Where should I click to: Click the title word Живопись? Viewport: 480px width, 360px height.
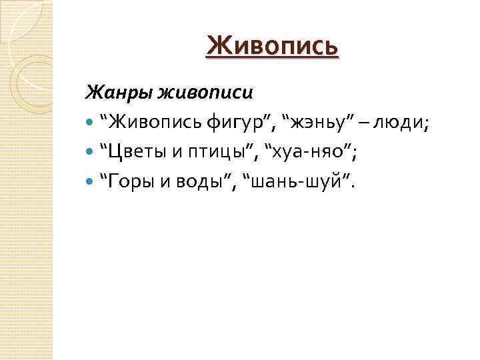coord(272,46)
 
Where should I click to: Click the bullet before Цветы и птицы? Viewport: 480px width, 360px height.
coord(91,153)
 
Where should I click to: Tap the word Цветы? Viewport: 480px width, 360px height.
coord(133,153)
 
